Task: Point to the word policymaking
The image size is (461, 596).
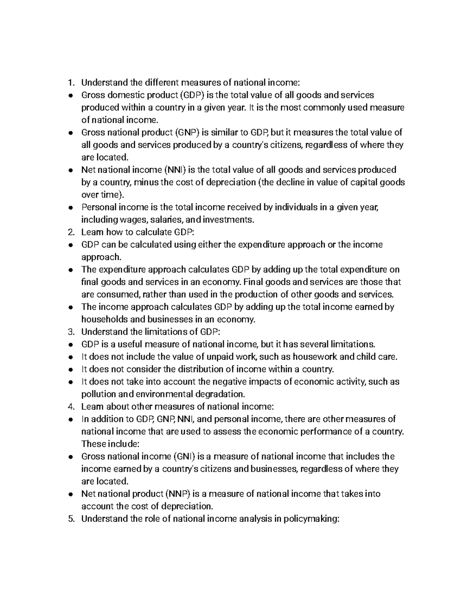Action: [311, 519]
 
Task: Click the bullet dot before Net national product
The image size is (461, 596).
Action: [70, 494]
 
